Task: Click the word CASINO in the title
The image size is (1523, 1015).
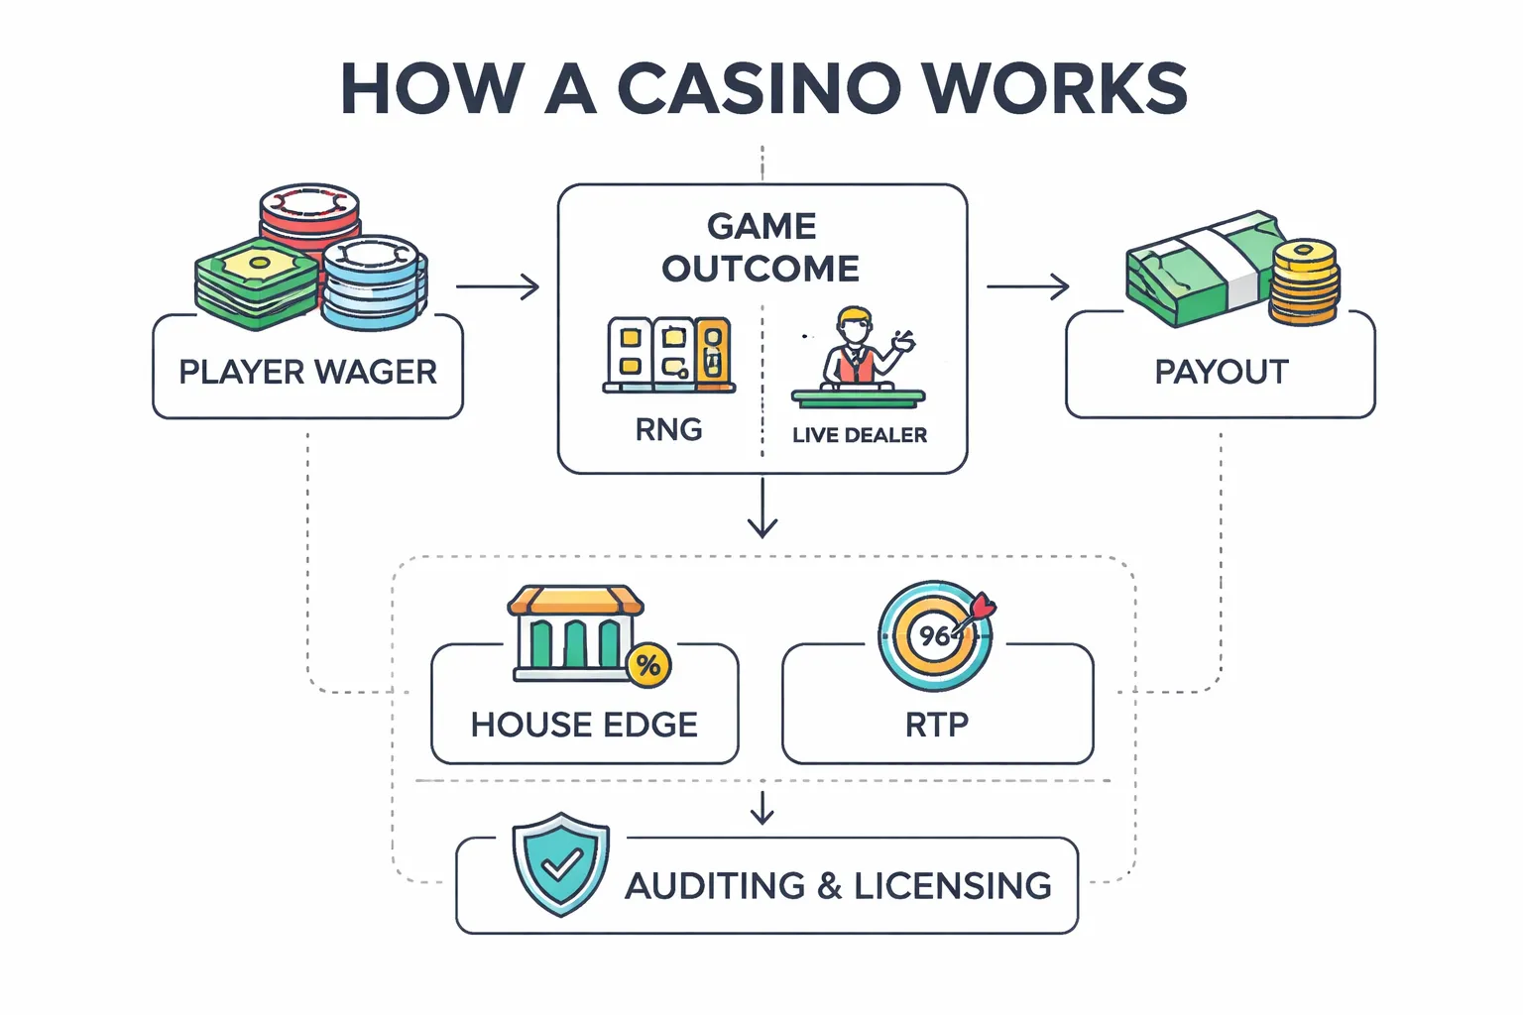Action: point(760,89)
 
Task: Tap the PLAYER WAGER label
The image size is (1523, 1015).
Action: point(307,372)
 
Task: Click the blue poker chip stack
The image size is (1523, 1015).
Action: point(373,282)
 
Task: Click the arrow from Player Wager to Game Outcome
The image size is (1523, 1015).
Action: point(498,287)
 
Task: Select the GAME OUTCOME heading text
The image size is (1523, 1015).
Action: point(761,248)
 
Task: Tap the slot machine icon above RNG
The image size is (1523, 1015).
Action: point(668,355)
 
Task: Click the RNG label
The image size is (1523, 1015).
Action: point(668,429)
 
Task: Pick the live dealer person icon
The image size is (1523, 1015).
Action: point(855,347)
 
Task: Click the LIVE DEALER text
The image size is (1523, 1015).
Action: point(859,435)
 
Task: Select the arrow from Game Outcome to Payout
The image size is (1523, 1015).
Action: point(1027,287)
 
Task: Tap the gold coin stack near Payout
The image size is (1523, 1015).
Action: point(1305,282)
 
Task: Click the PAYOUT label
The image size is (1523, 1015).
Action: point(1221,372)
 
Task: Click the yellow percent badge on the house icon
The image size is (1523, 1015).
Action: point(648,664)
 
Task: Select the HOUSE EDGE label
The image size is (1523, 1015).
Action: point(584,725)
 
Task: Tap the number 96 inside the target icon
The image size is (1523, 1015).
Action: point(933,635)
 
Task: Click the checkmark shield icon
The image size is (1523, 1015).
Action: point(560,864)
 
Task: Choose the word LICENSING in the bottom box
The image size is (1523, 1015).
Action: point(952,885)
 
